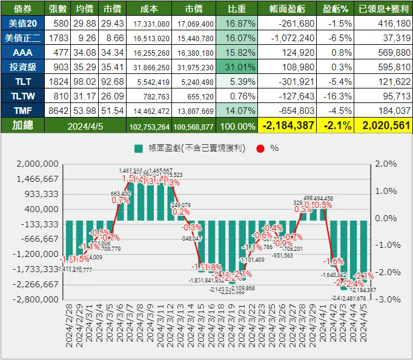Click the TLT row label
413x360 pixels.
22,81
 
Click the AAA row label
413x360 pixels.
22,52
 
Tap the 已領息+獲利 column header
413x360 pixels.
384,9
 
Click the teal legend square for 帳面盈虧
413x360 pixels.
139,148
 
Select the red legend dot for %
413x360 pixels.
260,148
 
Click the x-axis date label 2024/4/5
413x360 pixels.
364,326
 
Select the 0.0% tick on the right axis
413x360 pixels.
386,218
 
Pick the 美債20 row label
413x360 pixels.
22,23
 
